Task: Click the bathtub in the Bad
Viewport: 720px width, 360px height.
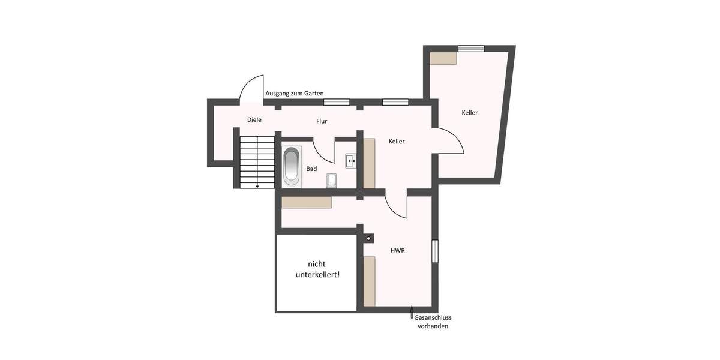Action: [291, 166]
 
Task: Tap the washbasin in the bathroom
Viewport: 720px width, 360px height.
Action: [351, 160]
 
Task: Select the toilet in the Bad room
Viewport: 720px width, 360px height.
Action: [332, 180]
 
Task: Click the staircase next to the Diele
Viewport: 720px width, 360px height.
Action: [256, 161]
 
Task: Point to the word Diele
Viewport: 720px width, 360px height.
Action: [254, 120]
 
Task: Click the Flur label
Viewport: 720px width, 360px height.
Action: [322, 121]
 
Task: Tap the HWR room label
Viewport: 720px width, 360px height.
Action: [397, 250]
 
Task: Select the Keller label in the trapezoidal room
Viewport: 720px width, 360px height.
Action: [470, 113]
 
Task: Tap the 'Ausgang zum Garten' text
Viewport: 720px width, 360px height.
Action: [294, 94]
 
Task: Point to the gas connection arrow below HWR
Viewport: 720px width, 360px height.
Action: [412, 312]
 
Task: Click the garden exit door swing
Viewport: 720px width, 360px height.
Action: [251, 90]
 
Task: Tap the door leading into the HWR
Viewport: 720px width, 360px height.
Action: [396, 206]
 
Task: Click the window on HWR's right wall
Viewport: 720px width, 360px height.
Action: [435, 251]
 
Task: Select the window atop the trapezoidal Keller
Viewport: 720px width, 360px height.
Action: [471, 49]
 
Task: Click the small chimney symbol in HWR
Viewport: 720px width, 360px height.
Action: [368, 238]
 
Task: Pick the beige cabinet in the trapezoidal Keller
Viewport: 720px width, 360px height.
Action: [443, 58]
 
